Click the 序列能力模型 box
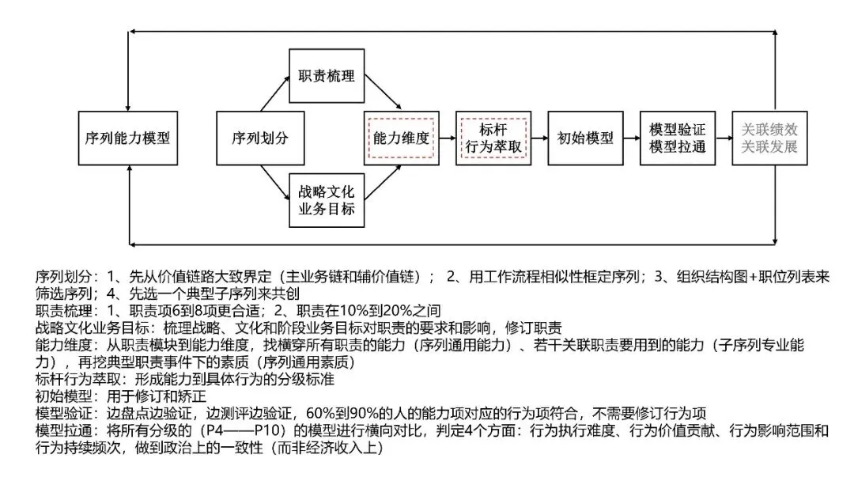pyautogui.click(x=127, y=138)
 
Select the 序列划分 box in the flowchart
pyautogui.click(x=259, y=138)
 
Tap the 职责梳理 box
pyautogui.click(x=327, y=77)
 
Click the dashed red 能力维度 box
pyautogui.click(x=401, y=138)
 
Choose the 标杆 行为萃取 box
pyautogui.click(x=493, y=138)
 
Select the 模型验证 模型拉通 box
pyautogui.click(x=677, y=138)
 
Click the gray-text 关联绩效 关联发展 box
pyautogui.click(x=769, y=138)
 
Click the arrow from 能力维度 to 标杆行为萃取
pyautogui.click(x=447, y=138)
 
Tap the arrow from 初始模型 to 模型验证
pyautogui.click(x=631, y=138)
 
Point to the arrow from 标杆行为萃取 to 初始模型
pyautogui.click(x=538, y=138)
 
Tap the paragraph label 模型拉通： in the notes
pyautogui.click(x=67, y=431)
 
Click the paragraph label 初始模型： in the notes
pyautogui.click(x=67, y=396)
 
